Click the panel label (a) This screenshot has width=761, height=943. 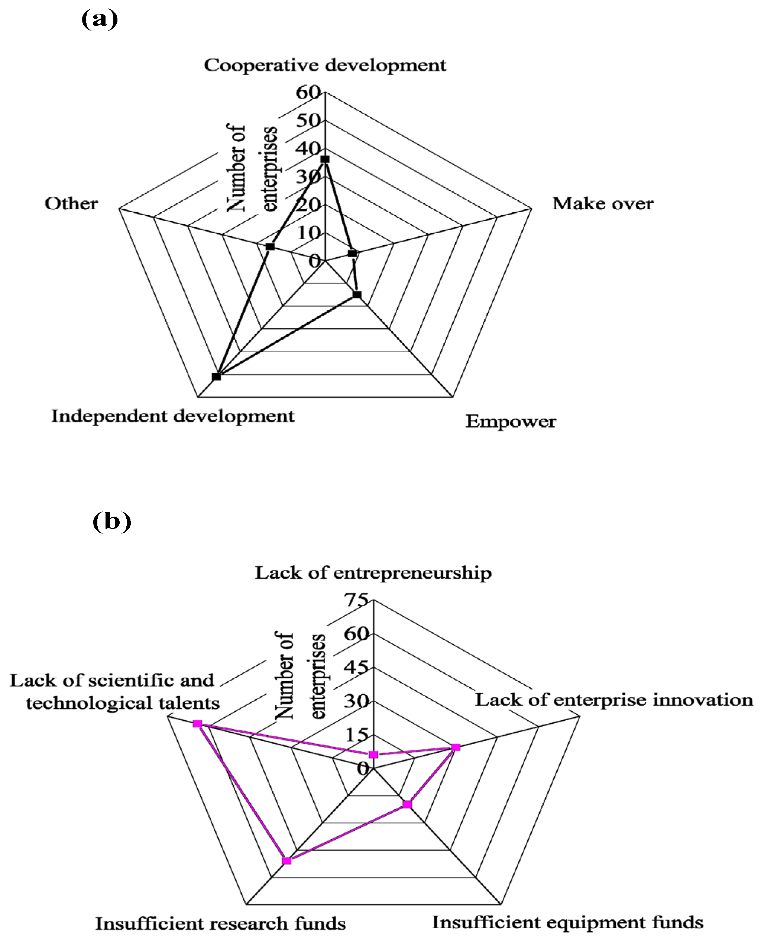(x=100, y=20)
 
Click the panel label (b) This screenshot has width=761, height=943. (x=112, y=521)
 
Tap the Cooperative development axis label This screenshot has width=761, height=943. (x=325, y=65)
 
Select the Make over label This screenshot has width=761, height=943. (x=603, y=204)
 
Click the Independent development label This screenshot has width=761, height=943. (x=173, y=416)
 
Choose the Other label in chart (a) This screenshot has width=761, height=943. (x=71, y=204)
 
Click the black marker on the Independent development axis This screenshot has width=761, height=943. (x=217, y=376)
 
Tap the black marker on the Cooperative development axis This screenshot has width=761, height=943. (x=325, y=159)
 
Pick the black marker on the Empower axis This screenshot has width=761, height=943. (x=357, y=295)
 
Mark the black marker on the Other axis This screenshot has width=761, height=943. (x=270, y=246)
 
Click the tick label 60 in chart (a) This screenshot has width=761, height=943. (x=308, y=93)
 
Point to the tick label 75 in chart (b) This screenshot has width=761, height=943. (x=356, y=600)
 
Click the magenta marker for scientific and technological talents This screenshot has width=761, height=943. (x=197, y=724)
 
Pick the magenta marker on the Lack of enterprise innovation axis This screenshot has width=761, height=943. (x=456, y=747)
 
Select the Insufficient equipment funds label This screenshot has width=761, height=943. (x=568, y=923)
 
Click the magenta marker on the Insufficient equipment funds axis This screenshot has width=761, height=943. (x=407, y=804)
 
